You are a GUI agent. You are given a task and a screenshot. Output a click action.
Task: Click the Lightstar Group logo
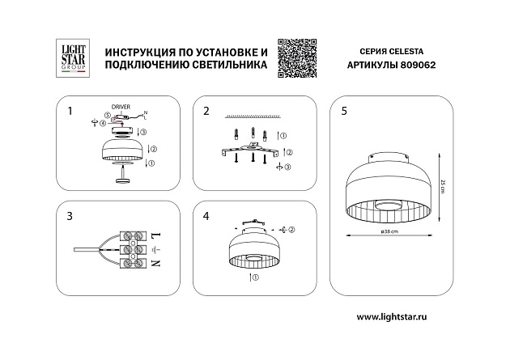(x=70, y=58)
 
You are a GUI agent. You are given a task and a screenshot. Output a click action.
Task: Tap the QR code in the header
(x=295, y=58)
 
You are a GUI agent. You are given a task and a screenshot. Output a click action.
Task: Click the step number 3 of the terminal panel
(x=70, y=217)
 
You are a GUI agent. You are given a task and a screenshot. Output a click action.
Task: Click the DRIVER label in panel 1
(x=120, y=106)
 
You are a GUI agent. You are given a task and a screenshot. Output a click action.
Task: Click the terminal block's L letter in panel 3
(x=156, y=235)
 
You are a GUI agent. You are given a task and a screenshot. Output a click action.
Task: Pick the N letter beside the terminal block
(x=156, y=264)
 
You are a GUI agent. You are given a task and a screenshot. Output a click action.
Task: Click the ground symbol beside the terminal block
(x=156, y=249)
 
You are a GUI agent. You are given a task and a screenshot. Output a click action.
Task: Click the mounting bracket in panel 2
(x=251, y=150)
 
